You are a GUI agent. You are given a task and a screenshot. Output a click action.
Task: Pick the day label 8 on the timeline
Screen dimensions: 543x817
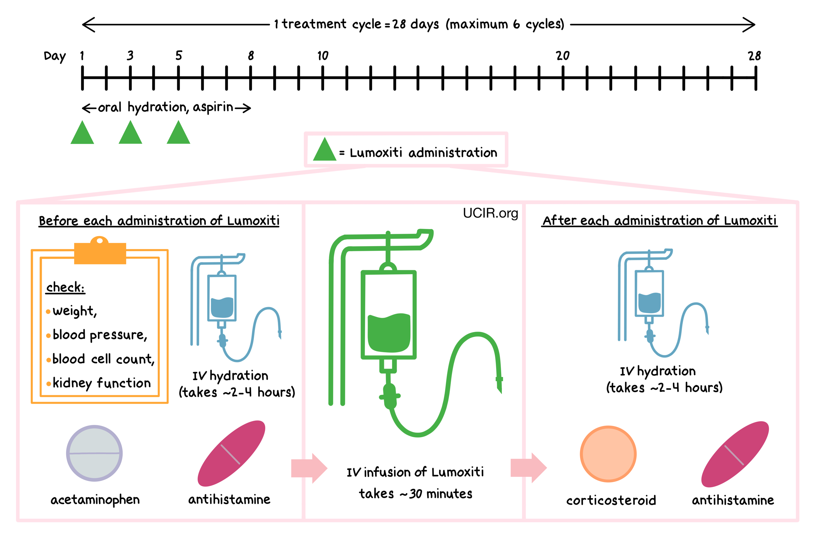point(250,56)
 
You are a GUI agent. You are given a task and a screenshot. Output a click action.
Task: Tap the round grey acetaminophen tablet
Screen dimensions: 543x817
point(94,453)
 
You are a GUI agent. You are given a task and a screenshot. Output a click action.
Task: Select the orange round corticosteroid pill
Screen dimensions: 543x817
point(608,454)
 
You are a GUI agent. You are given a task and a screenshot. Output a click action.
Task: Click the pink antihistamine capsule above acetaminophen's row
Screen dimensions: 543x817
point(231,454)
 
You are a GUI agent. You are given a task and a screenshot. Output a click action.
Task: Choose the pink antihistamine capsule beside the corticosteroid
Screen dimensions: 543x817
point(735,454)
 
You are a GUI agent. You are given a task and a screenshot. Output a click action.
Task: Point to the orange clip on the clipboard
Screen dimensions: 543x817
point(100,251)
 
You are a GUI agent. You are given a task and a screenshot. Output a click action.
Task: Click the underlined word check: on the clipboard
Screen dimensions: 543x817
point(65,288)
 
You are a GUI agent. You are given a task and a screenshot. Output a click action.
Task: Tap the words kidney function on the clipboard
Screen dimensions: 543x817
point(101,383)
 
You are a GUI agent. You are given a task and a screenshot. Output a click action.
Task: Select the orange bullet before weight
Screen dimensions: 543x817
point(48,312)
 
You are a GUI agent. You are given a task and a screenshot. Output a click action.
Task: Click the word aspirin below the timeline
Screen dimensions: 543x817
point(213,107)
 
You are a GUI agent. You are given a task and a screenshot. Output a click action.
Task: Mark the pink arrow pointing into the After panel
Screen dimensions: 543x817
point(528,467)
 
